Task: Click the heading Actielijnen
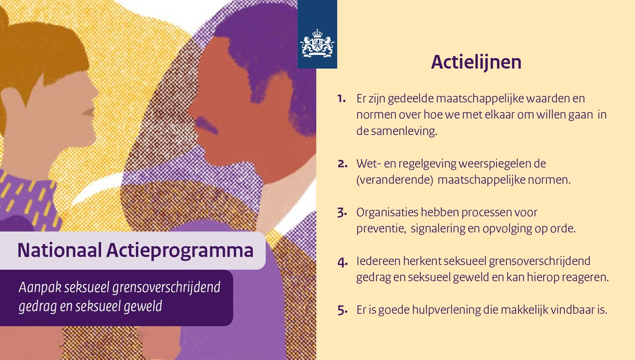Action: [476, 62]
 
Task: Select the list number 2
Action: [341, 164]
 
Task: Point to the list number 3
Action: [341, 213]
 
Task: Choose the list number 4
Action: [341, 262]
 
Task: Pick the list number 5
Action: [341, 311]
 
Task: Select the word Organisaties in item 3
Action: [388, 213]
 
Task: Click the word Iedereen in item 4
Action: [377, 262]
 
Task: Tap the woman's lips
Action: [89, 113]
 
